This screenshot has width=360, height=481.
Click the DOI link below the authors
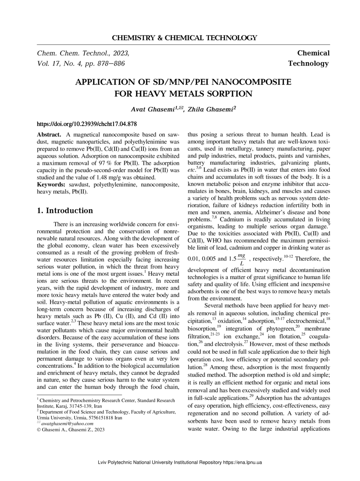click(x=87, y=124)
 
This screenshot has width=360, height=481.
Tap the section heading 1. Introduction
click(x=65, y=211)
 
